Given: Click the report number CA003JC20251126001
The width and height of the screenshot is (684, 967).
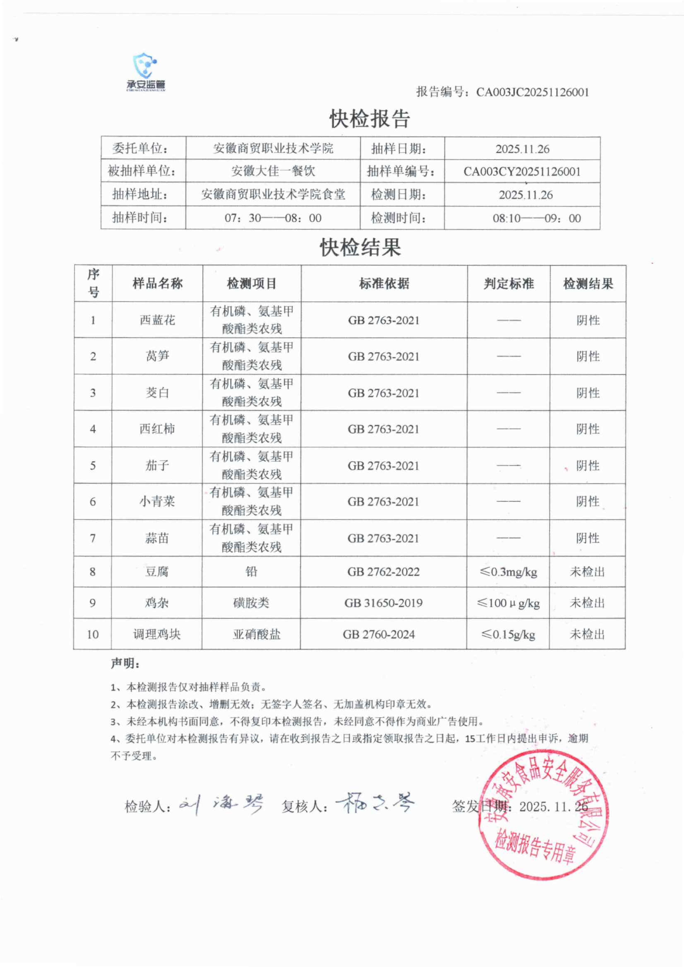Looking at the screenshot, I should [532, 92].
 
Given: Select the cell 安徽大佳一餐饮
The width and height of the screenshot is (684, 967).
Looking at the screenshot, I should [273, 171].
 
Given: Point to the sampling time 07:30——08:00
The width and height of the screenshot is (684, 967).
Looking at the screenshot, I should [273, 218].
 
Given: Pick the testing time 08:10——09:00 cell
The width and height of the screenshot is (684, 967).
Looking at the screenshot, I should [537, 218].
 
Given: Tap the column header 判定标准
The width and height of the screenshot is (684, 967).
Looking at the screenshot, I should [508, 283].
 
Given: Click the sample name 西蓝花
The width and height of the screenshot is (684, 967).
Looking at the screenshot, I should [157, 320].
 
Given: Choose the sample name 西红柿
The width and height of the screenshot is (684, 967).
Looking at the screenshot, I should [157, 429].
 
